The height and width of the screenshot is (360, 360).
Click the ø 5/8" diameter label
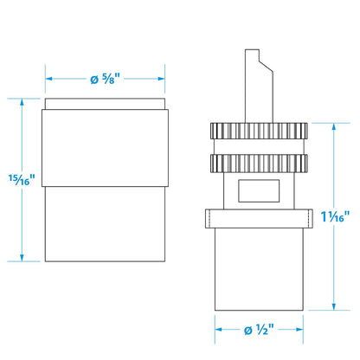105,79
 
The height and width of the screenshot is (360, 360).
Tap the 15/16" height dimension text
22,180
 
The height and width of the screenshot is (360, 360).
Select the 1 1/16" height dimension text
335,216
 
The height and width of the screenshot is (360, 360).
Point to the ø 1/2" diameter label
259,330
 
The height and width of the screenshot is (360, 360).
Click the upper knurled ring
259,131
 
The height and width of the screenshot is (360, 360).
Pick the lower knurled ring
259,164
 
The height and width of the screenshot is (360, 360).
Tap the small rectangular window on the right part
259,190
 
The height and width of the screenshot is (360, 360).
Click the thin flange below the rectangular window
259,219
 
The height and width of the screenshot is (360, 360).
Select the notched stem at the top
259,86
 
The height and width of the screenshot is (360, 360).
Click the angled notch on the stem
266,66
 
